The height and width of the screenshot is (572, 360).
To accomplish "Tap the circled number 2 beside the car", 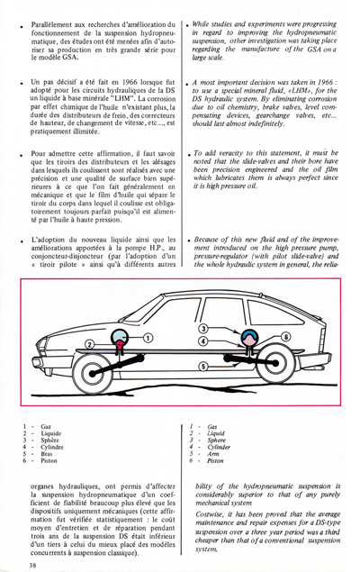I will [x=89, y=344].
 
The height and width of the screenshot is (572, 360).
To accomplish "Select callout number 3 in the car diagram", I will [x=204, y=327].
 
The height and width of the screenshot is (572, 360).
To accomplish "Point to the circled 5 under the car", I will [x=203, y=367].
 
